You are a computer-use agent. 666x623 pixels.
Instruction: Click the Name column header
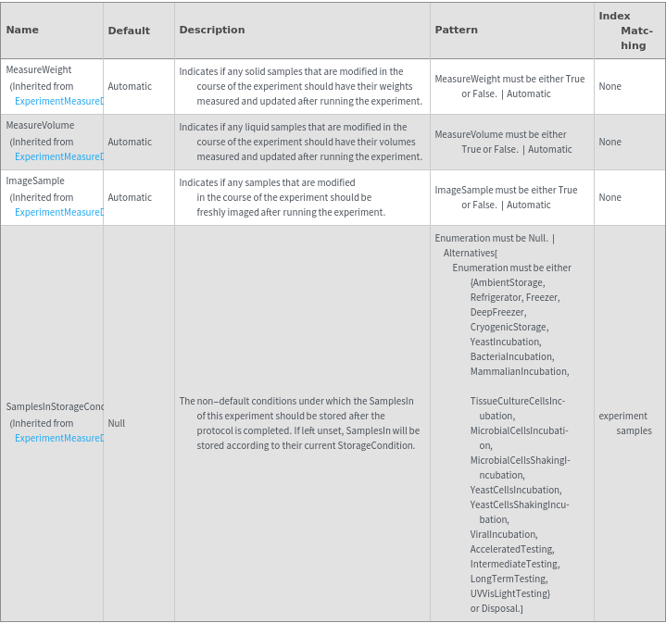click(x=22, y=30)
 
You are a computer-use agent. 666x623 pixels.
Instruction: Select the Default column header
click(x=129, y=31)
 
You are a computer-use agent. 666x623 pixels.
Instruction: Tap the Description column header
click(x=212, y=30)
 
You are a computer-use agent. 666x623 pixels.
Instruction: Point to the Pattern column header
click(x=457, y=30)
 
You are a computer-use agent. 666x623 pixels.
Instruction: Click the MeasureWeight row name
click(x=39, y=69)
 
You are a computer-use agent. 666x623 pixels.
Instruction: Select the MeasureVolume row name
click(x=40, y=125)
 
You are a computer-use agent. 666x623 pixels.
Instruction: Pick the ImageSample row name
click(x=35, y=181)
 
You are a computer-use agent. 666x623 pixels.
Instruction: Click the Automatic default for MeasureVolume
click(x=130, y=142)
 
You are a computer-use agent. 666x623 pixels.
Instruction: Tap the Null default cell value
click(x=117, y=423)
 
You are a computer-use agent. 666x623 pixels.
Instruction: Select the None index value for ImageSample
click(x=610, y=197)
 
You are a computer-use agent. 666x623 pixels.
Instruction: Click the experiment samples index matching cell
click(x=627, y=423)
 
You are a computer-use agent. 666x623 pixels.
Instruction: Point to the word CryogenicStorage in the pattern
click(x=509, y=327)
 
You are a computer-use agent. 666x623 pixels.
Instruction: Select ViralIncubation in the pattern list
click(x=503, y=534)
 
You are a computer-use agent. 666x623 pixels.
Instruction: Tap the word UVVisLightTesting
click(x=509, y=593)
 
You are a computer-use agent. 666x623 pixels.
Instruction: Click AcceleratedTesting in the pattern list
click(x=511, y=549)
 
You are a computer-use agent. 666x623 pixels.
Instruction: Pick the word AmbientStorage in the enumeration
click(x=509, y=282)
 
